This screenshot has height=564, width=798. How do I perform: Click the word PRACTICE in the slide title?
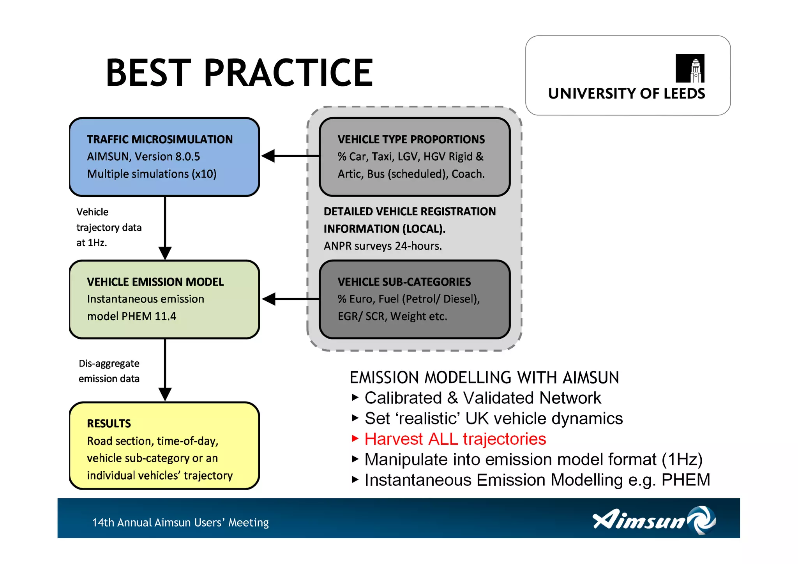pos(288,72)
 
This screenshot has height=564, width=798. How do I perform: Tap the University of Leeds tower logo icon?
pos(690,69)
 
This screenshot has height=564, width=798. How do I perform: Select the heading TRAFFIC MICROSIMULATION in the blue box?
pos(159,139)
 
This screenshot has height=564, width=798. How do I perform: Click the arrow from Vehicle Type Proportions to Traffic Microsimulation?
pos(290,156)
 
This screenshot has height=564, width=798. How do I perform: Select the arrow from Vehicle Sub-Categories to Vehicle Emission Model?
pos(291,299)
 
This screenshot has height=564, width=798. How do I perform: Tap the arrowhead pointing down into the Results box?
pos(165,394)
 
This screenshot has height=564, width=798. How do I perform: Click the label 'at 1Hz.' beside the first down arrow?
pos(92,243)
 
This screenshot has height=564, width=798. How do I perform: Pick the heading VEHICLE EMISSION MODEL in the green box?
pos(155,282)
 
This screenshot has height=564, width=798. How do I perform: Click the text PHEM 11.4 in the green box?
pos(148,316)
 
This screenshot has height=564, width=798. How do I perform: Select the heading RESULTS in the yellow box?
pos(109,423)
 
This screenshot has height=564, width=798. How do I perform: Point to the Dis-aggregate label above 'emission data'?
pos(109,363)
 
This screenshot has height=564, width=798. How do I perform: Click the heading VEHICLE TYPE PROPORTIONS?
pos(411,139)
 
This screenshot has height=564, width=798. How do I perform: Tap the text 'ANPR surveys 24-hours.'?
pos(383,246)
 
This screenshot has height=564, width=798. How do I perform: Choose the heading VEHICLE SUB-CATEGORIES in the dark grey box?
pos(404,282)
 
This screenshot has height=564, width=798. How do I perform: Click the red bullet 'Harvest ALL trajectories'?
pos(455,439)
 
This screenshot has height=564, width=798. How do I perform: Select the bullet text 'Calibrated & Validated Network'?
pos(483,398)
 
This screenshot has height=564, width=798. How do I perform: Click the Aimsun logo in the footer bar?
pos(654,520)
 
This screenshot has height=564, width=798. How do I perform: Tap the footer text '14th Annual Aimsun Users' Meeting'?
pos(180,522)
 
